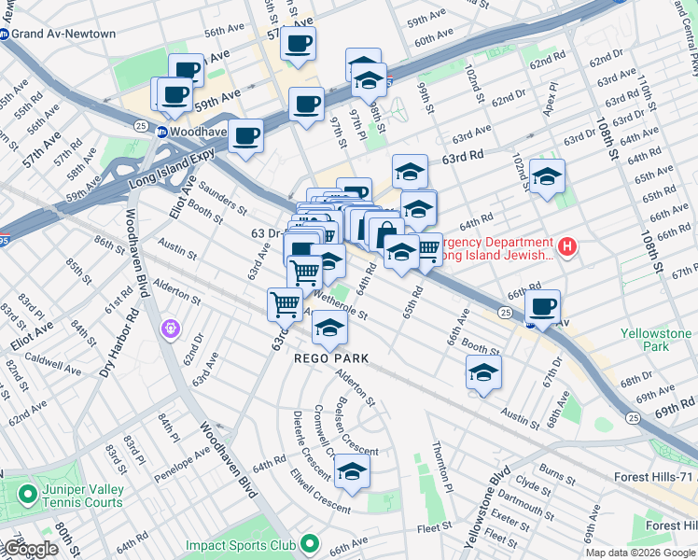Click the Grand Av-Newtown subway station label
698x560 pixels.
point(63,35)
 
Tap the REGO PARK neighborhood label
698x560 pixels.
point(331,358)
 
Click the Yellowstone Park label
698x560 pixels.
point(658,339)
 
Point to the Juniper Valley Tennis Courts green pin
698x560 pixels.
point(26,493)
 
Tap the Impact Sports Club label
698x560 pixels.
point(240,545)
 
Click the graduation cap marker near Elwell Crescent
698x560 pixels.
point(352,472)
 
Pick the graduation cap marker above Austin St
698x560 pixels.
point(482,372)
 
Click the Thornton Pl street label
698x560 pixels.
point(441,467)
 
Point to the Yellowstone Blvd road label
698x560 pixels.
point(486,509)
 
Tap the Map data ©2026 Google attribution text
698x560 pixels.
point(639,553)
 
